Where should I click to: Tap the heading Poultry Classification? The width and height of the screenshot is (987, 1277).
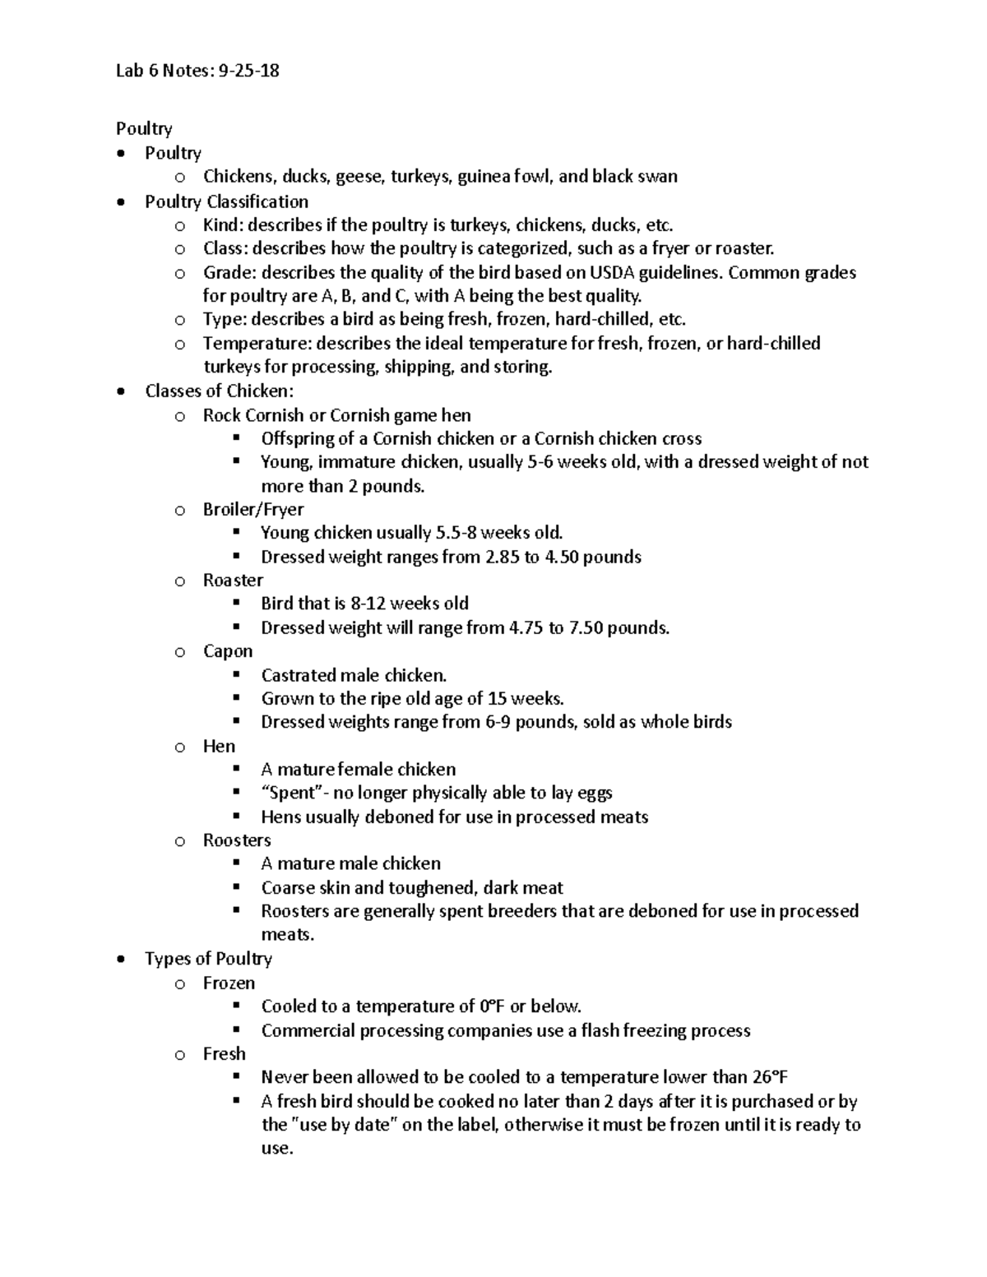[226, 201]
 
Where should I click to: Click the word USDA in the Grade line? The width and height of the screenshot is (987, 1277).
[591, 272]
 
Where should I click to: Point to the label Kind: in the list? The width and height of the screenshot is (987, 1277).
[223, 225]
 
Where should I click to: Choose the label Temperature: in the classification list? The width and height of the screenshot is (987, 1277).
[257, 344]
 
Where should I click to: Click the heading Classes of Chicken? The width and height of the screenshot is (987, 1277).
[219, 391]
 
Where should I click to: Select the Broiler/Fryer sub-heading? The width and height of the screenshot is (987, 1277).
[253, 510]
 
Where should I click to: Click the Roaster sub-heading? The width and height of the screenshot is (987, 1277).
[233, 581]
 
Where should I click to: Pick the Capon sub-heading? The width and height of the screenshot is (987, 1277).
[228, 651]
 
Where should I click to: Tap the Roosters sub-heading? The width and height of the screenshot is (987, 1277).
[237, 840]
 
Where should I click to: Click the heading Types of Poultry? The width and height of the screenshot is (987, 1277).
[208, 959]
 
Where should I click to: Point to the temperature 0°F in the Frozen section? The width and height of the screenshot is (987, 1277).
[490, 1006]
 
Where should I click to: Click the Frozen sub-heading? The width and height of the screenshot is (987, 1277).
[229, 983]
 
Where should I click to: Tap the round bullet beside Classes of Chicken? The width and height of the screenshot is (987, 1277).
[122, 391]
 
